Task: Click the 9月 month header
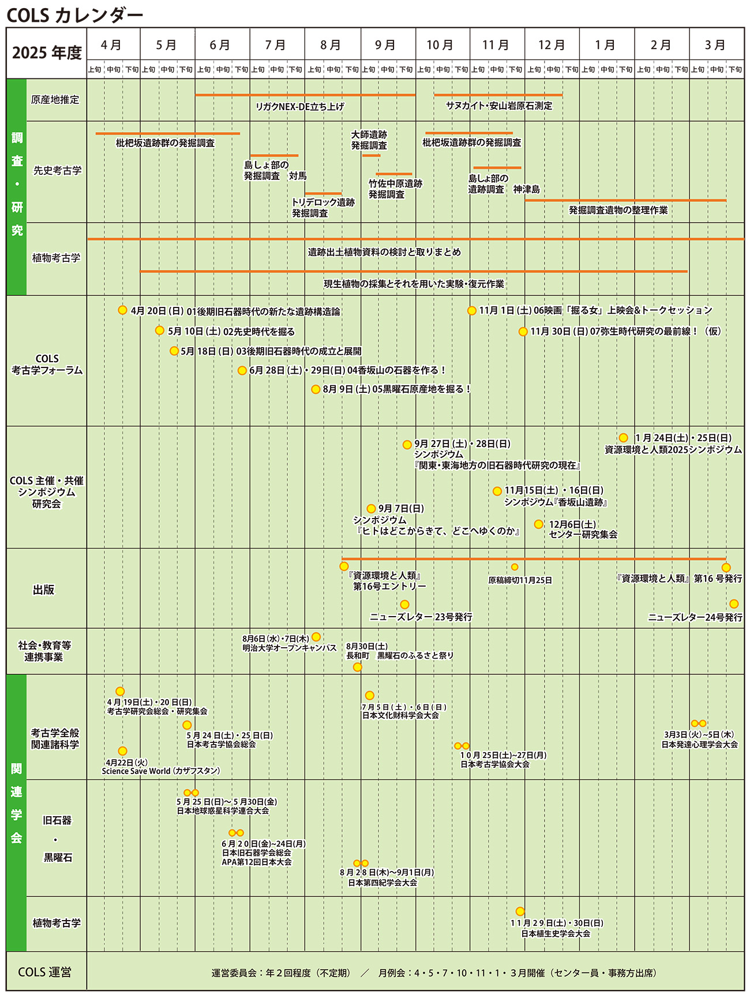385,45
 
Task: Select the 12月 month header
552,45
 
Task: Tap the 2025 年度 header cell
47,53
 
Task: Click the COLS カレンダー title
74,16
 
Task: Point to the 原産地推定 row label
55,99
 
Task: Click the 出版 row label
44,589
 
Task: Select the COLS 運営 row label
45,972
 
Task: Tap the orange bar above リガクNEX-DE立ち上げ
305,95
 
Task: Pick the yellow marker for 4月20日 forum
122,310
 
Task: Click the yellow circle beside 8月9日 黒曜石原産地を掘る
316,389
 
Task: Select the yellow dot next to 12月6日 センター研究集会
538,524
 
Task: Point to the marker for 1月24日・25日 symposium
623,438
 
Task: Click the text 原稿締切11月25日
520,580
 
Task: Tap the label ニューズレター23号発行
421,617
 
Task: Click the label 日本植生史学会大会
556,933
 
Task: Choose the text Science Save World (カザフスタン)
161,771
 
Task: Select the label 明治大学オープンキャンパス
289,648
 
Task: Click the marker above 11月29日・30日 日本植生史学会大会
520,911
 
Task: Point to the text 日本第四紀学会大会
382,883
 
